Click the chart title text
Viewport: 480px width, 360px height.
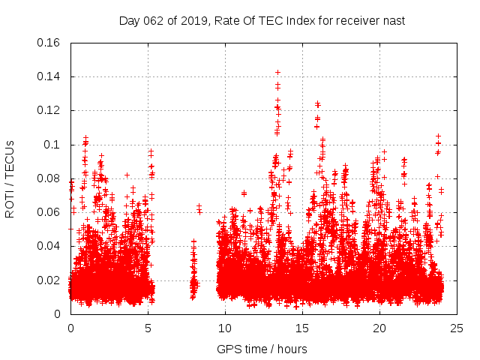(262, 20)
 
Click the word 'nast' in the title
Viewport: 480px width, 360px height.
(392, 20)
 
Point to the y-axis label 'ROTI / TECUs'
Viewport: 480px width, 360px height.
(10, 178)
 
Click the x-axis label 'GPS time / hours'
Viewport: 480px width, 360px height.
(262, 349)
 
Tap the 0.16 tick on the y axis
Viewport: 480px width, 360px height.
(50, 43)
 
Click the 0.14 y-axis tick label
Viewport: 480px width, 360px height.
(50, 76)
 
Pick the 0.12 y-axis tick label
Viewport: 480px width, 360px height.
(50, 110)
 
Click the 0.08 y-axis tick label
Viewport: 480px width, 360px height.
(50, 178)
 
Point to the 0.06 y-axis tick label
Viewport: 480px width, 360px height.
(50, 212)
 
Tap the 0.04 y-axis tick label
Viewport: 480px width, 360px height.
(50, 246)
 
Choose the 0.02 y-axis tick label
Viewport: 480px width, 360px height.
(50, 280)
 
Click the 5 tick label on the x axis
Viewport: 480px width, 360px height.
(148, 328)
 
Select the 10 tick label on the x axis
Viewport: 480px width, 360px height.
(225, 328)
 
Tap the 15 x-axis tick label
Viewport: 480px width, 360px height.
(302, 328)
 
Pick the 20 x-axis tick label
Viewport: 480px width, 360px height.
(379, 328)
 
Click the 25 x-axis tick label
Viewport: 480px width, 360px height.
(457, 328)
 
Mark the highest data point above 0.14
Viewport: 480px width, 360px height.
(277, 72)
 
